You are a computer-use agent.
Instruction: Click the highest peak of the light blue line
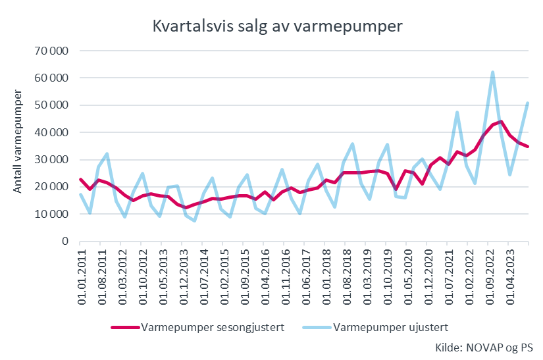[x=492, y=72]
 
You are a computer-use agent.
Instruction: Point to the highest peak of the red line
[x=502, y=121]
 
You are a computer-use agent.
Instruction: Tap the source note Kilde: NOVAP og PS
[x=484, y=347]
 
